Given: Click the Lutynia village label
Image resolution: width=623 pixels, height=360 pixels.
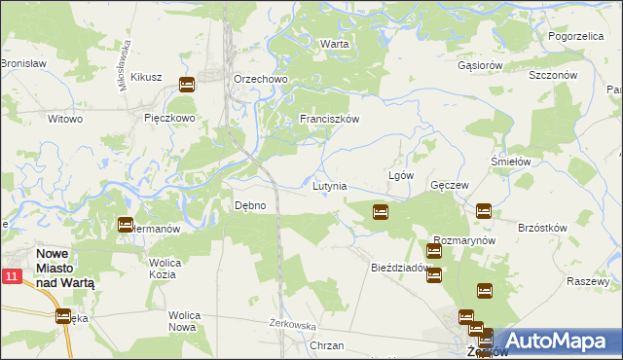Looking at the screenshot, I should tap(329, 185).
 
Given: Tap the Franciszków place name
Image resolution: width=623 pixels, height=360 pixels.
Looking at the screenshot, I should tap(330, 119).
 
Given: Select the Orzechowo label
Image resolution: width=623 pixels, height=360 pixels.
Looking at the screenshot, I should tap(257, 79).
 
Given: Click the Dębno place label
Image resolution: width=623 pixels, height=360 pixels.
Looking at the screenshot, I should tap(250, 205).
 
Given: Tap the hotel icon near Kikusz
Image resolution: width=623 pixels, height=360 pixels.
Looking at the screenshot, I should tap(187, 85).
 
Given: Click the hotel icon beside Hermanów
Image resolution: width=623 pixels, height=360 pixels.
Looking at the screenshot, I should tap(126, 225).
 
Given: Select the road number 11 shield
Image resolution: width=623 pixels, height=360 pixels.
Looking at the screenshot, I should tap(11, 277).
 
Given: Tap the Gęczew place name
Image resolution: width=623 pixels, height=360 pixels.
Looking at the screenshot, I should tap(450, 185).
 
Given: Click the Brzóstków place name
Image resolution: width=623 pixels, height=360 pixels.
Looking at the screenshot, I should tap(542, 227).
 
